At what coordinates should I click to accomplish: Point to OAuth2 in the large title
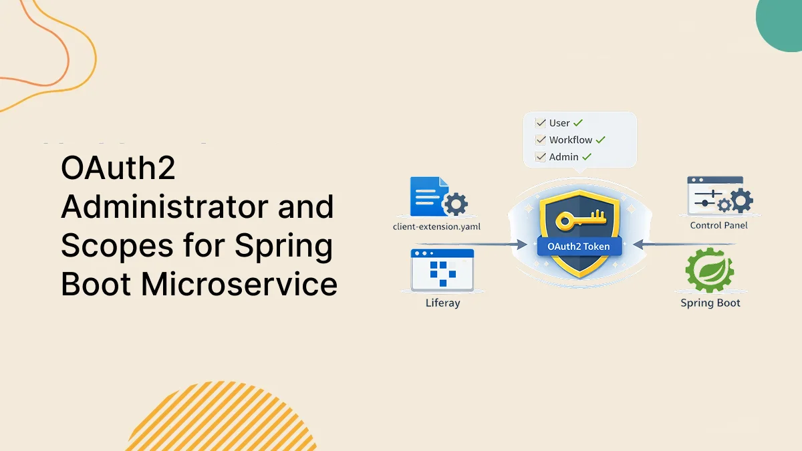118,168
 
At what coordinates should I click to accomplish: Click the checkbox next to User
541,123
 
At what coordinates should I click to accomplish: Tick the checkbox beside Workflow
541,140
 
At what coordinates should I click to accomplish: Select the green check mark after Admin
587,157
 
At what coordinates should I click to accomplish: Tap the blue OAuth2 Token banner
579,247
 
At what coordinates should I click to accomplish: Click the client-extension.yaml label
436,227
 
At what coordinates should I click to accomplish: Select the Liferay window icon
442,270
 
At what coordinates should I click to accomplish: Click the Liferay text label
442,303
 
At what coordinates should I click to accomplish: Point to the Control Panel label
718,225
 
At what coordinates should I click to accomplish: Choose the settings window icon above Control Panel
715,196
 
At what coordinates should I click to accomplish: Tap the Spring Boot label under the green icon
710,303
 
